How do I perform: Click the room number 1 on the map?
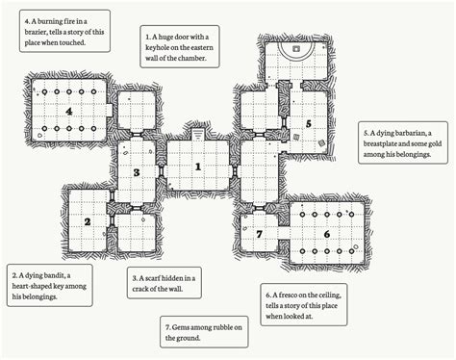(198, 167)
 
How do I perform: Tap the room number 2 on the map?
(88, 221)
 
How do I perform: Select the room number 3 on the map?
(137, 172)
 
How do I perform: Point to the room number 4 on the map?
(68, 112)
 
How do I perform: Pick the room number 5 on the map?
(309, 124)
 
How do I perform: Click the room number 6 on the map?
(327, 234)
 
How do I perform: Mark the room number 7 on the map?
(259, 234)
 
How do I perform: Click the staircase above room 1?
(198, 134)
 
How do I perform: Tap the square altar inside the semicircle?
(296, 49)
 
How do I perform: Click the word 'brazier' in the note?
(36, 32)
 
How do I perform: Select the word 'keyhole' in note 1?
(157, 48)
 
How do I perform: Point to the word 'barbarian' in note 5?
(410, 133)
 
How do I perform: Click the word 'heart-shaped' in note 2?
(32, 286)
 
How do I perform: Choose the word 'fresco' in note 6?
(288, 295)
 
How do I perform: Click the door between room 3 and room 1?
(161, 172)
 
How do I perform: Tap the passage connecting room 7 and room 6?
(284, 234)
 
